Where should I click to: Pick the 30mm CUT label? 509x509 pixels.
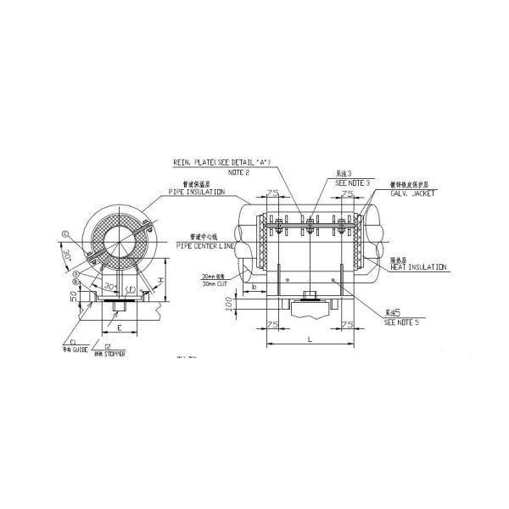(x=215, y=283)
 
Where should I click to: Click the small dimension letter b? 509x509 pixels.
(x=255, y=287)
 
